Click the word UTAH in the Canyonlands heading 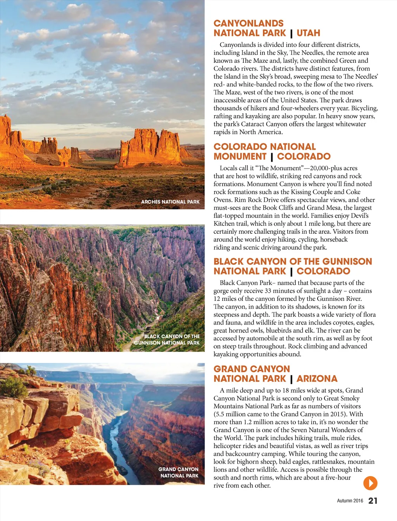[x=308, y=33]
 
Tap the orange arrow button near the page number [x=370, y=483]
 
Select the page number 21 [x=373, y=500]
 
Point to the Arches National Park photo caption [x=170, y=202]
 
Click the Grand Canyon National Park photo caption [x=179, y=472]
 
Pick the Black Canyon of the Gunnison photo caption [x=167, y=340]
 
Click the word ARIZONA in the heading [x=317, y=378]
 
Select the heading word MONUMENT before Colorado [x=240, y=156]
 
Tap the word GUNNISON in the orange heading [x=347, y=261]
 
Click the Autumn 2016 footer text [x=350, y=500]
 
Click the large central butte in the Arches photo [x=149, y=147]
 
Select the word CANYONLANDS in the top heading [x=249, y=23]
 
